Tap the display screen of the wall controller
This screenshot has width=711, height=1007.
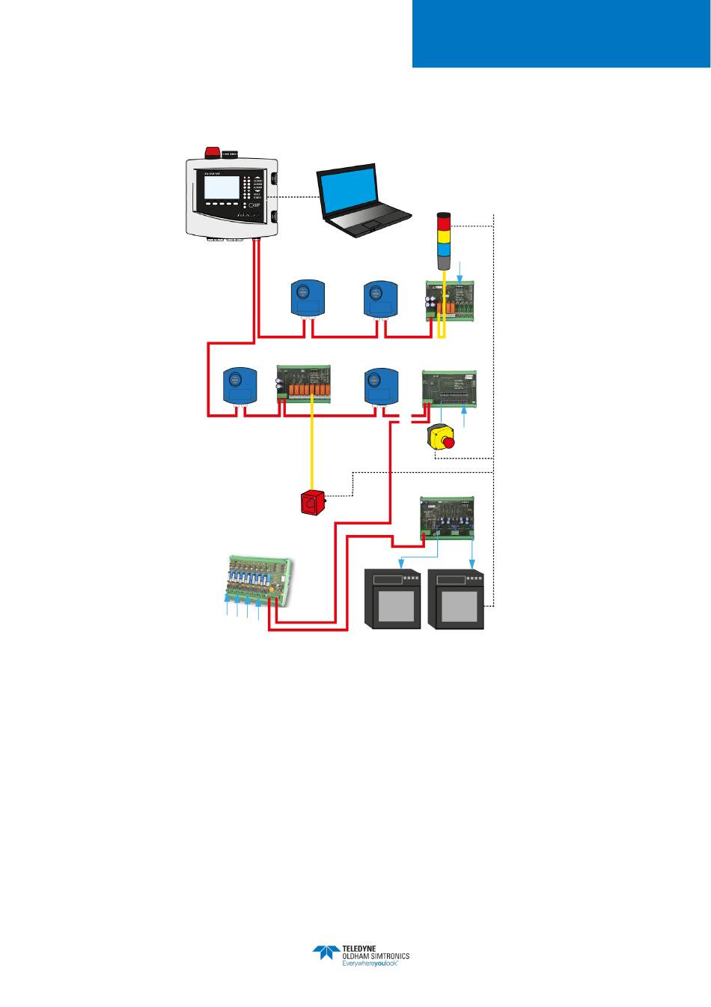click(x=222, y=187)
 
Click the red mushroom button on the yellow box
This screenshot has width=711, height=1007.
click(x=447, y=442)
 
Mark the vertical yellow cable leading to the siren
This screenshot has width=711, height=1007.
click(x=311, y=450)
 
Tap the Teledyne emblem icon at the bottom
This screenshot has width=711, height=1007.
click(x=326, y=953)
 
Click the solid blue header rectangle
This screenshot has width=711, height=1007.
click(x=561, y=33)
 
